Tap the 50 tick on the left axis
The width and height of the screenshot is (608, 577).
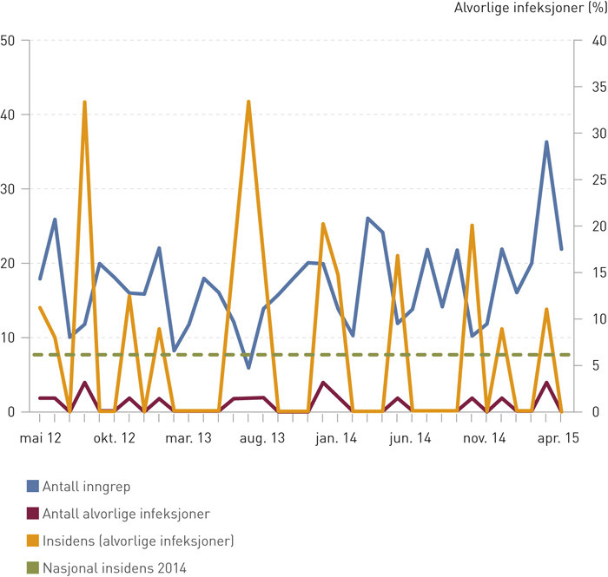(10, 41)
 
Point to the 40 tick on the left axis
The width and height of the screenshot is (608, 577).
(10, 115)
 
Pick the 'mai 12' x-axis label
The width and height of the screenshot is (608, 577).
(40, 439)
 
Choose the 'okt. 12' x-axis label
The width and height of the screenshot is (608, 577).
(115, 439)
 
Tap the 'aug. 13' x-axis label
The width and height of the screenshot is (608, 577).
(263, 439)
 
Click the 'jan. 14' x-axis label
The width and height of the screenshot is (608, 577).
(338, 439)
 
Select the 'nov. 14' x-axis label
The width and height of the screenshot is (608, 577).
(486, 439)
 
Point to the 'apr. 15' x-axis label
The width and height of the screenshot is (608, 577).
(560, 439)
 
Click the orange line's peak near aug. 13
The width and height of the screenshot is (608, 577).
(248, 102)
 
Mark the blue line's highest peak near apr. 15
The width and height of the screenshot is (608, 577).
(546, 141)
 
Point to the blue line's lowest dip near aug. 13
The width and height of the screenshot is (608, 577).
(248, 368)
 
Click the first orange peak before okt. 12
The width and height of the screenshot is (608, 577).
(84, 102)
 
